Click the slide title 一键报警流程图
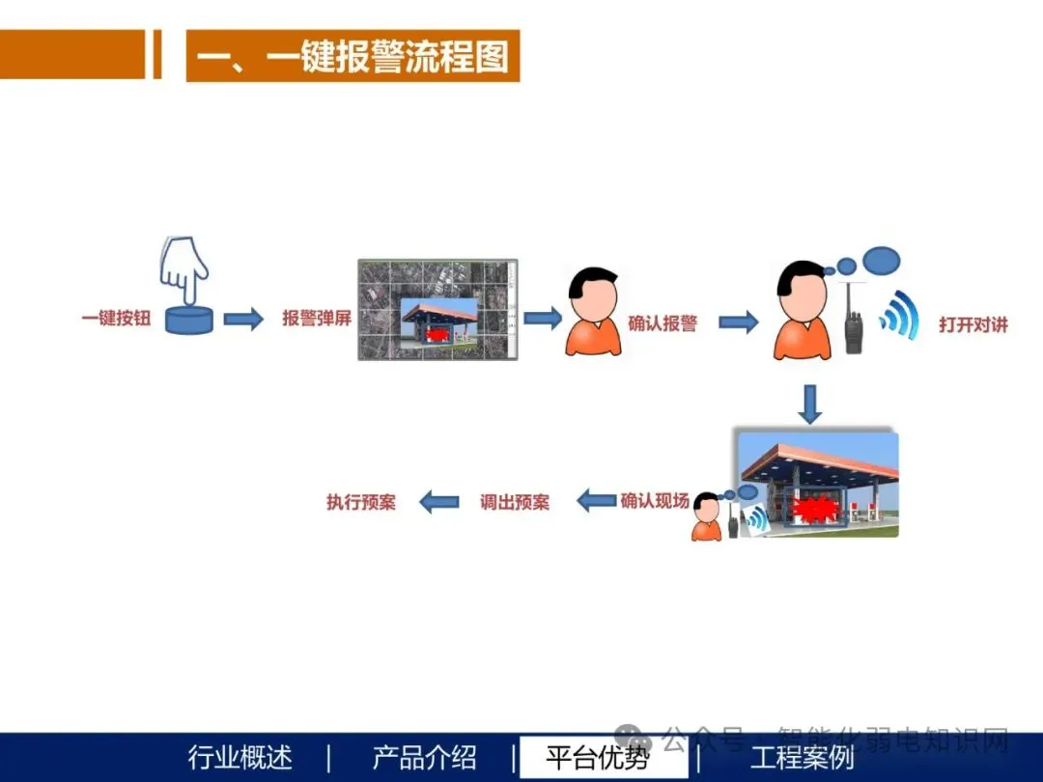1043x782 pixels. (352, 57)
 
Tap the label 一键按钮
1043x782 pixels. (116, 318)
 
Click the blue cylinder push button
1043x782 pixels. (188, 319)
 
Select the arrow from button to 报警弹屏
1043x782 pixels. (243, 319)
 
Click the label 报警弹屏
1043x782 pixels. (317, 319)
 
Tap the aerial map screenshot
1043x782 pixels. (438, 310)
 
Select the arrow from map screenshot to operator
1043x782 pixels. (543, 318)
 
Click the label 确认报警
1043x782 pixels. (662, 323)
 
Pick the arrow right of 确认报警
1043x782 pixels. (738, 322)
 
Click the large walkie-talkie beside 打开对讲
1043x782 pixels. (854, 321)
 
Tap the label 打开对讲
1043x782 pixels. (973, 325)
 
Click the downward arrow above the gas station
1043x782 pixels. (810, 404)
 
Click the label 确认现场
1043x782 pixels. (655, 501)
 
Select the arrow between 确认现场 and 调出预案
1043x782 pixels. (597, 501)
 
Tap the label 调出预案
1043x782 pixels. (515, 502)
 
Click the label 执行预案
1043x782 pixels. (361, 502)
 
